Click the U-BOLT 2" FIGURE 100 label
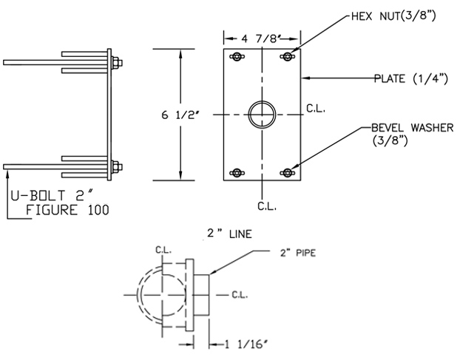click(x=58, y=203)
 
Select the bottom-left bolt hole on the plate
click(x=236, y=173)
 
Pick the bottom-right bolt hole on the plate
click(x=287, y=173)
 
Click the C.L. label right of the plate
click(x=315, y=109)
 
